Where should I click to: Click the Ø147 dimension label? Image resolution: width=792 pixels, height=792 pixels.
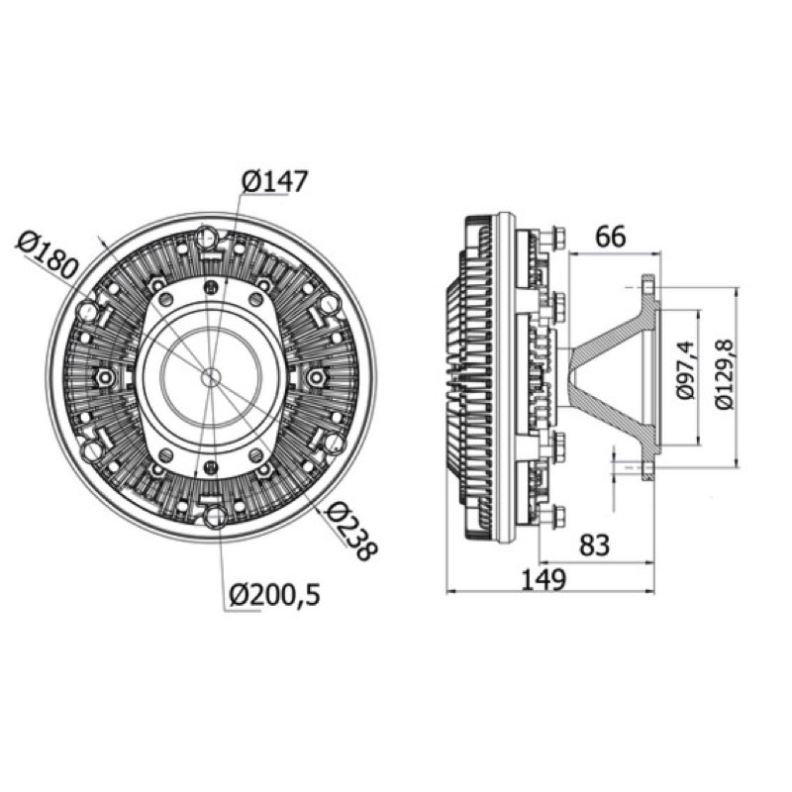click(x=275, y=182)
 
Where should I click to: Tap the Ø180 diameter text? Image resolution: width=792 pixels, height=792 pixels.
click(x=48, y=256)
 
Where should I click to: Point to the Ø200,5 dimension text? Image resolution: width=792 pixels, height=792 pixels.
click(x=275, y=596)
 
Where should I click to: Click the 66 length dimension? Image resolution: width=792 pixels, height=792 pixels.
click(x=611, y=237)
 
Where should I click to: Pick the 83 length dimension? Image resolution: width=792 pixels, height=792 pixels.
click(x=595, y=545)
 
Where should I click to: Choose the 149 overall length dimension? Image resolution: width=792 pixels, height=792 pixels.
click(x=543, y=579)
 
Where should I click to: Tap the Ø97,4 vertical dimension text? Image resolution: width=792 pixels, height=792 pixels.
click(x=687, y=369)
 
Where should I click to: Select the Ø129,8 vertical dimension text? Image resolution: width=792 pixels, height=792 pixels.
click(x=725, y=374)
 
